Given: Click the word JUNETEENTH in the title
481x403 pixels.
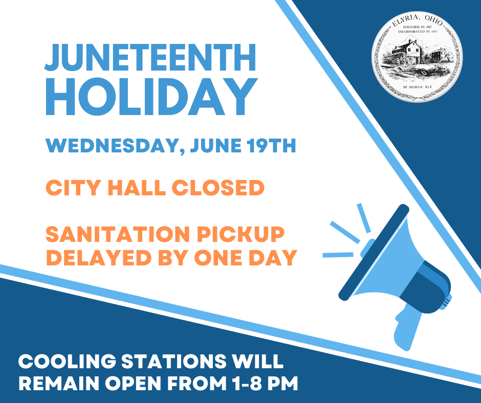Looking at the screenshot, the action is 150,57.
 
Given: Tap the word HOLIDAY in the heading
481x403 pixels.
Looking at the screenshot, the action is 151,97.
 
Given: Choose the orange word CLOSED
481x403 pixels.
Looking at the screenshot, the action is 218,187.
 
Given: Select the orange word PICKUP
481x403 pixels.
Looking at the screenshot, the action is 240,234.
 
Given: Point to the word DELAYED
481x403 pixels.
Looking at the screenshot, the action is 99,258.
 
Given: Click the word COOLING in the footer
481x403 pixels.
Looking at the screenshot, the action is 67,361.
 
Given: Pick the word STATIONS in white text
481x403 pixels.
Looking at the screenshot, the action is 173,361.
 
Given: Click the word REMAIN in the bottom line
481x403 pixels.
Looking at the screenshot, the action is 59,384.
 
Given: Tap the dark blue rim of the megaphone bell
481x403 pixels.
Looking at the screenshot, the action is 374,253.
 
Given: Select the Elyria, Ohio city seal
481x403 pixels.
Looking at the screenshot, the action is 417,57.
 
